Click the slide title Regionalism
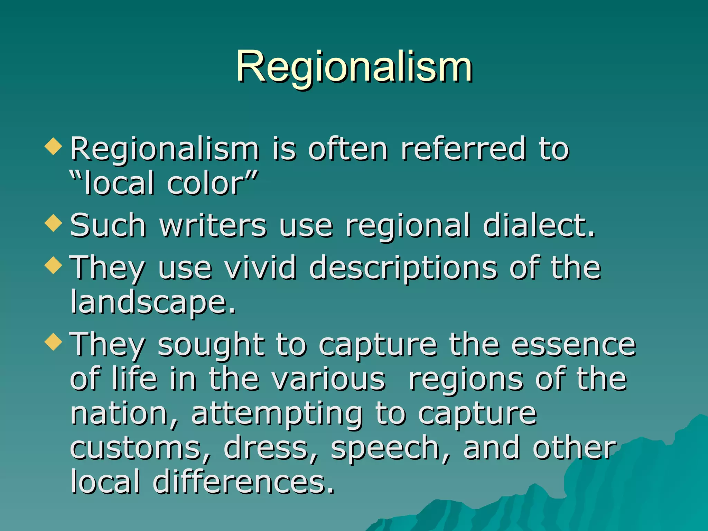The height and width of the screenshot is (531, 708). click(354, 66)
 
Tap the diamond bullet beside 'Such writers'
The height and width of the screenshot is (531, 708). click(54, 223)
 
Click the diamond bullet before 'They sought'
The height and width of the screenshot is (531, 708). click(54, 342)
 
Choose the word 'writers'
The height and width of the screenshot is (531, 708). click(213, 225)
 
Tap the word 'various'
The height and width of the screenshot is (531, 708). click(328, 379)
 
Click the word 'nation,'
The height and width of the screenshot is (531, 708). click(124, 414)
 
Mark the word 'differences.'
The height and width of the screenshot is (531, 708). click(244, 482)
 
